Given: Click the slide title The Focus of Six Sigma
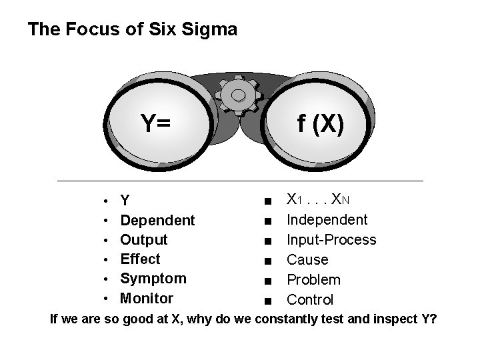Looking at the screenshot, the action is [132, 30].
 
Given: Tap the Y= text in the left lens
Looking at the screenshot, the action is [155, 123].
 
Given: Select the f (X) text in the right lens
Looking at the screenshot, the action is [321, 123].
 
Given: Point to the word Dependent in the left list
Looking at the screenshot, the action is [157, 220].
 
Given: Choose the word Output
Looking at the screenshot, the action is [143, 239].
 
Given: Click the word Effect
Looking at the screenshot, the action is [140, 259].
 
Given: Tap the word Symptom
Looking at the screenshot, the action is [153, 278].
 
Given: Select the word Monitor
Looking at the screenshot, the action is [146, 298].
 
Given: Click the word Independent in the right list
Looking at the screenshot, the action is [327, 219].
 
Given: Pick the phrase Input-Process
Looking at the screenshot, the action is [331, 239].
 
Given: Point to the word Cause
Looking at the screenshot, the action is [307, 259].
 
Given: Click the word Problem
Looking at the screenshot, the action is [313, 279].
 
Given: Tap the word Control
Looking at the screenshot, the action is [310, 299].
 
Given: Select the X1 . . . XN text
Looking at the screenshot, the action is [319, 199].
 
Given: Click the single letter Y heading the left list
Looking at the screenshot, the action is [125, 201].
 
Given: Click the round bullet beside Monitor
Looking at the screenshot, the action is [107, 299].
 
